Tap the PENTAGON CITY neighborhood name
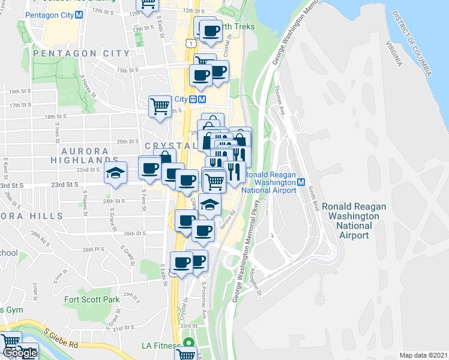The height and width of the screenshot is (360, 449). [82, 53]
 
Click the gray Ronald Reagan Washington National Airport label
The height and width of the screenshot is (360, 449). [354, 220]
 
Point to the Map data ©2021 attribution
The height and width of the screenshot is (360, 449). [423, 355]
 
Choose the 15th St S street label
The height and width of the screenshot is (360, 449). [128, 70]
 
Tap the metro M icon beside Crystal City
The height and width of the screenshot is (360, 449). [202, 100]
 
